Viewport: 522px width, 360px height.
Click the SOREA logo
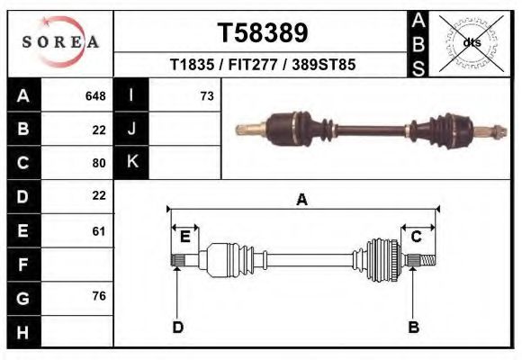[60, 43]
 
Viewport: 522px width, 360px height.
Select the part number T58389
[262, 32]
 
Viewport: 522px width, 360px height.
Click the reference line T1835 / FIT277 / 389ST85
[262, 66]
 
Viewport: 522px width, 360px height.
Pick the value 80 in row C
[99, 163]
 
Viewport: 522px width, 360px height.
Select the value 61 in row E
[99, 231]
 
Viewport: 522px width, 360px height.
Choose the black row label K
[131, 162]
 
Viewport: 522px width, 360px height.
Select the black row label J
[131, 130]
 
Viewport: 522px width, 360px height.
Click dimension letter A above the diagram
[302, 200]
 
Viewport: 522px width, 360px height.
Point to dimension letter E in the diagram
[184, 237]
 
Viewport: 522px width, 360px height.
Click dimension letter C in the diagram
[417, 237]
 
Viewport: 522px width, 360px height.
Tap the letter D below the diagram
[178, 328]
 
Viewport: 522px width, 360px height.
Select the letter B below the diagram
[414, 328]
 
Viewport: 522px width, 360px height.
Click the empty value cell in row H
[77, 333]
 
